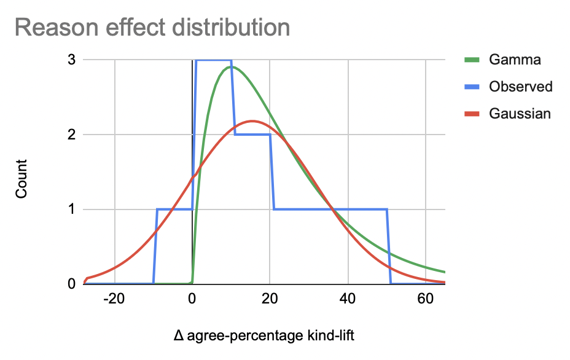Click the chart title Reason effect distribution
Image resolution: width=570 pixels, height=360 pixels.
(152, 28)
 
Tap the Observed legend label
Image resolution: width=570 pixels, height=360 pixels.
(521, 87)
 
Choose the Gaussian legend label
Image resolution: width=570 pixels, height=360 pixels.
(520, 114)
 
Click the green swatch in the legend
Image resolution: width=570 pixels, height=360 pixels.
(470, 60)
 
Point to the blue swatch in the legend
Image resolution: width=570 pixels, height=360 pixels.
(470, 87)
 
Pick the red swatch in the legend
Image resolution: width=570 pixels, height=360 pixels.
(470, 114)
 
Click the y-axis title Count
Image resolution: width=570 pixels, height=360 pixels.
(21, 179)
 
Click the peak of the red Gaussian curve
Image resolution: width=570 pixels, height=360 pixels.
(252, 121)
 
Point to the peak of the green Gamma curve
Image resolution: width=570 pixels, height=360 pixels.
(231, 67)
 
